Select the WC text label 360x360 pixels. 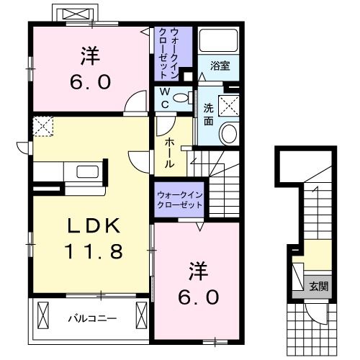click(x=165, y=96)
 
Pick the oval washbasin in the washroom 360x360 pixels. click(x=228, y=133)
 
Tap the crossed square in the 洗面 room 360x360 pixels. click(x=231, y=105)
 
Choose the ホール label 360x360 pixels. click(x=168, y=153)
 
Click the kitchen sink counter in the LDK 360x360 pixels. click(x=85, y=174)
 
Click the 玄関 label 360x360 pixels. click(x=318, y=286)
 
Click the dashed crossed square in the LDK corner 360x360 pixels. click(x=42, y=127)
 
